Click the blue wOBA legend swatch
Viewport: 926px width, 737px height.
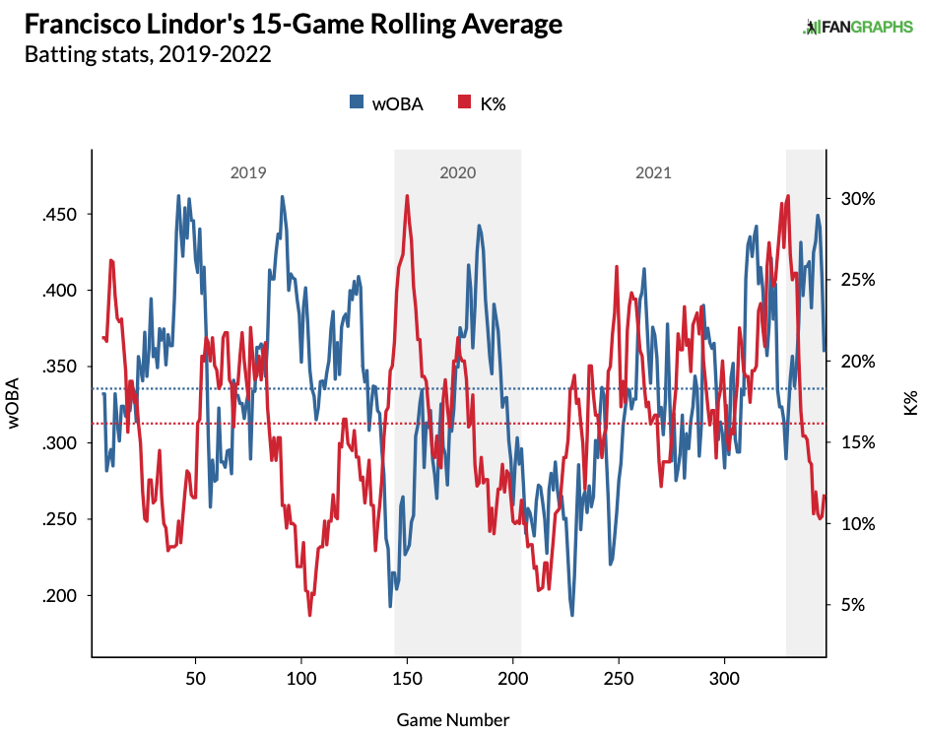357,102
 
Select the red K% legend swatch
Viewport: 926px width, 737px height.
465,102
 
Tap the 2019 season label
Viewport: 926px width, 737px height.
247,173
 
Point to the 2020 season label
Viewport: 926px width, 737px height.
457,173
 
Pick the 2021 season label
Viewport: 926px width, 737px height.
653,173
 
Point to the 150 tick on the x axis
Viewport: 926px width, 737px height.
407,678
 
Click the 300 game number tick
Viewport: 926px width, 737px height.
725,678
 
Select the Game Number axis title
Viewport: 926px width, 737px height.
453,719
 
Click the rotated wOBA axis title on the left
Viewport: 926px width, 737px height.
16,404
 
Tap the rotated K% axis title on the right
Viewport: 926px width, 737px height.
910,402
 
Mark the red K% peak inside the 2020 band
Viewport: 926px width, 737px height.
407,196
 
